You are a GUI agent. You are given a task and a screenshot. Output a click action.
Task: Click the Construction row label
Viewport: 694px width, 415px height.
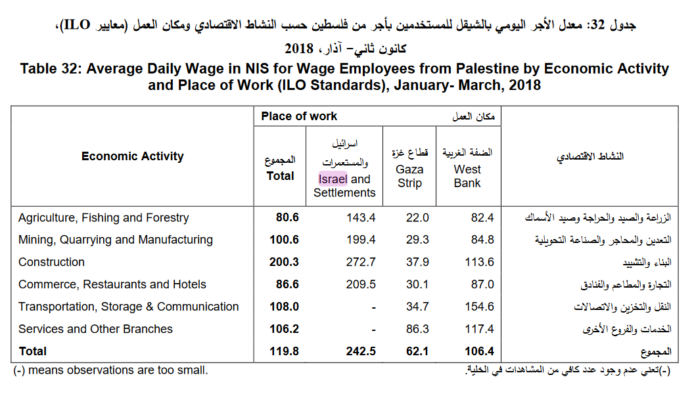point(51,262)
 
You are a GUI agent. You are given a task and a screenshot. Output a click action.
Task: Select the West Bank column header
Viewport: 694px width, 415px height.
point(467,176)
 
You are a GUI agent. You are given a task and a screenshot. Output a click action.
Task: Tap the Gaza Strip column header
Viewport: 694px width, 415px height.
point(409,176)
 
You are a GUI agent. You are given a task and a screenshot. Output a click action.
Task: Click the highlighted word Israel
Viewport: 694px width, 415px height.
point(333,179)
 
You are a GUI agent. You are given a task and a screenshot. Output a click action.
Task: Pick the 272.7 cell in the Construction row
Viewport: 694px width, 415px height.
point(361,262)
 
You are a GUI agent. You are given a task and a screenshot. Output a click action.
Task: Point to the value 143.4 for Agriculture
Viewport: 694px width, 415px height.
point(361,218)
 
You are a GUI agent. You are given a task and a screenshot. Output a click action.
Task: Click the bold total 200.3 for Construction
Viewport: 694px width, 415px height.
point(284,262)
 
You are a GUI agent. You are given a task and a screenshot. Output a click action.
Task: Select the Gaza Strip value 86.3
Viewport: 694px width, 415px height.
point(417,329)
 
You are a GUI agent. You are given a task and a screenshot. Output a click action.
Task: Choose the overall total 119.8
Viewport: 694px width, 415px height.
point(284,351)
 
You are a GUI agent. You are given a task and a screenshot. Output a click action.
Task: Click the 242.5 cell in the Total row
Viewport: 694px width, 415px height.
point(361,351)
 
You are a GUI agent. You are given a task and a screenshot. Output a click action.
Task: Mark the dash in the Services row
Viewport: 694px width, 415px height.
point(373,329)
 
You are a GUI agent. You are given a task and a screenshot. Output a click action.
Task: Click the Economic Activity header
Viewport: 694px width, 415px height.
point(133,156)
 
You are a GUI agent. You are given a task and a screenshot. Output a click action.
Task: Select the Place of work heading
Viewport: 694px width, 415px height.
point(299,116)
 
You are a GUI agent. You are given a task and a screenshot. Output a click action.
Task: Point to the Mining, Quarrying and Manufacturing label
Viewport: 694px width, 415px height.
point(116,240)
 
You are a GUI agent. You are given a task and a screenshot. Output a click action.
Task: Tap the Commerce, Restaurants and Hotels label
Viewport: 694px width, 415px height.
point(112,284)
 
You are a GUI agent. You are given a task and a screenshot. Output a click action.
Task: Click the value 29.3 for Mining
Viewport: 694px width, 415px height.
point(417,240)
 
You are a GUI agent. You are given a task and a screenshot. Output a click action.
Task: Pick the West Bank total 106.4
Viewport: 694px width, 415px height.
point(479,351)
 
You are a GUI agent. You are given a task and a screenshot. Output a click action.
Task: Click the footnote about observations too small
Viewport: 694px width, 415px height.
point(110,370)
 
